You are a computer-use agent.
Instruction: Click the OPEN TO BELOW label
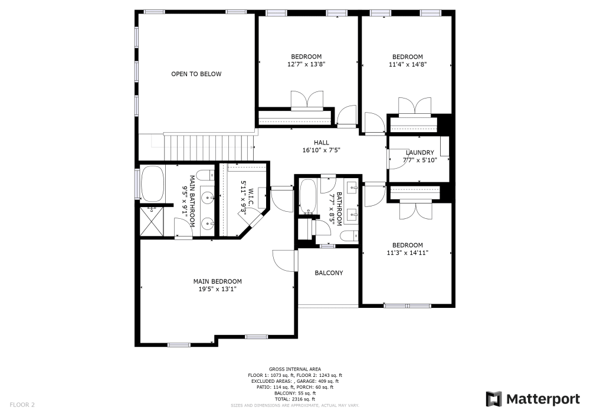point(196,74)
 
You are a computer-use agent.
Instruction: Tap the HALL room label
point(322,143)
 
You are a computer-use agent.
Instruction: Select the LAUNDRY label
point(419,153)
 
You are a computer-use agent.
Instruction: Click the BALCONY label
point(329,273)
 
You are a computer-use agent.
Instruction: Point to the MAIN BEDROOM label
point(218,281)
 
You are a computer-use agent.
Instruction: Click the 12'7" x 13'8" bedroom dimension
point(306,64)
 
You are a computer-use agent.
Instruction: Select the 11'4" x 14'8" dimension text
point(408,64)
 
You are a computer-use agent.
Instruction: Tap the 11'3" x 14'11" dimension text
point(408,252)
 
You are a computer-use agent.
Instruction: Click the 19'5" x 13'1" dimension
point(218,289)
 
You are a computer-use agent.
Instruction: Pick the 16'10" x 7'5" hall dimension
point(322,150)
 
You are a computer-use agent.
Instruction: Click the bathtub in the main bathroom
point(152,184)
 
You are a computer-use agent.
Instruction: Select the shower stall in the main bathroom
point(152,222)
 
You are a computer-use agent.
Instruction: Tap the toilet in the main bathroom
point(205,175)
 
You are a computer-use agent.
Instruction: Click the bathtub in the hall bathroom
point(308,196)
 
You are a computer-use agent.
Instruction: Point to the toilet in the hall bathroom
point(349,236)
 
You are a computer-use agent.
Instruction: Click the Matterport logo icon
point(494,399)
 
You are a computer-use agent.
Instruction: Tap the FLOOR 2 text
point(22,405)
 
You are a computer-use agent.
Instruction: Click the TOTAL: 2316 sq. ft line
point(295,399)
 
